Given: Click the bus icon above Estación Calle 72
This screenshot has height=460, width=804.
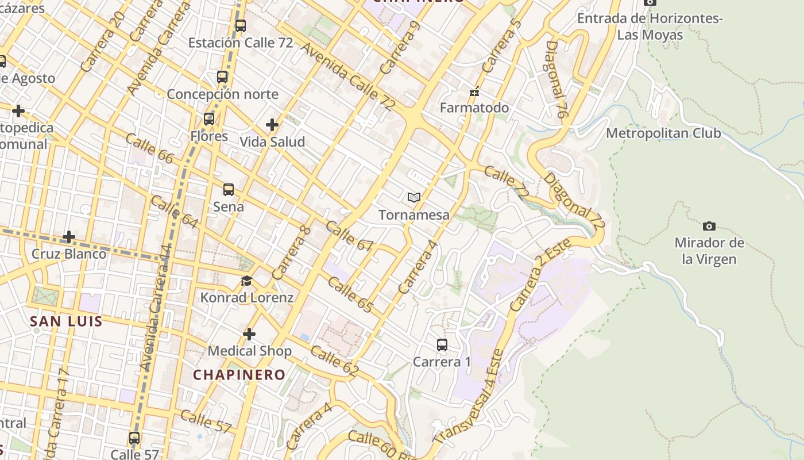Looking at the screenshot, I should click(x=241, y=26).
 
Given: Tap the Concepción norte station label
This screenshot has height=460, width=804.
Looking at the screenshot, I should click(x=222, y=94).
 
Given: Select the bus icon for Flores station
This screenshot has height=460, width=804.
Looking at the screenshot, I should click(x=209, y=119).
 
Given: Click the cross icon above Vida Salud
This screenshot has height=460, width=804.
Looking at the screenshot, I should click(x=272, y=124).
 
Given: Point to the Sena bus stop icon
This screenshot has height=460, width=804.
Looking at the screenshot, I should click(x=229, y=190).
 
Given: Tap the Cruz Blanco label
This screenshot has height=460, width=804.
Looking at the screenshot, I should click(x=69, y=254).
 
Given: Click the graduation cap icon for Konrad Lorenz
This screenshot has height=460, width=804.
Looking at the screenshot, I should click(x=247, y=281).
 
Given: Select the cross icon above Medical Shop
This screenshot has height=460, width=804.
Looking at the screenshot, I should click(x=249, y=334).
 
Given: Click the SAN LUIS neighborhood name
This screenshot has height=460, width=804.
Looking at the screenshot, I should click(x=66, y=321).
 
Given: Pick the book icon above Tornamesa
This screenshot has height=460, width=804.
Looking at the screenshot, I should click(x=414, y=198).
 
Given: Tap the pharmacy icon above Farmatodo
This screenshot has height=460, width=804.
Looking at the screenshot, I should click(x=474, y=91).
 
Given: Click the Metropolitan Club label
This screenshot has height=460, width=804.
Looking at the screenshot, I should click(x=663, y=133).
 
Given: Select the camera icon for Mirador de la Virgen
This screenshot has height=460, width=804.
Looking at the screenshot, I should click(x=709, y=226).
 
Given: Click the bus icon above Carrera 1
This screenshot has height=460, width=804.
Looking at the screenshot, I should click(x=442, y=345).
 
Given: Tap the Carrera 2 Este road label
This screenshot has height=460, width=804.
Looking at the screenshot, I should click(x=540, y=275).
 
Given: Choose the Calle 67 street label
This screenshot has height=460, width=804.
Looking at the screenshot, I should click(x=349, y=236).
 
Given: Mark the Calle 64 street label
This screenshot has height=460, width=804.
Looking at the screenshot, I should click(x=173, y=212).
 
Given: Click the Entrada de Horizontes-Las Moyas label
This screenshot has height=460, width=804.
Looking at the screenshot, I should click(x=650, y=26).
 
